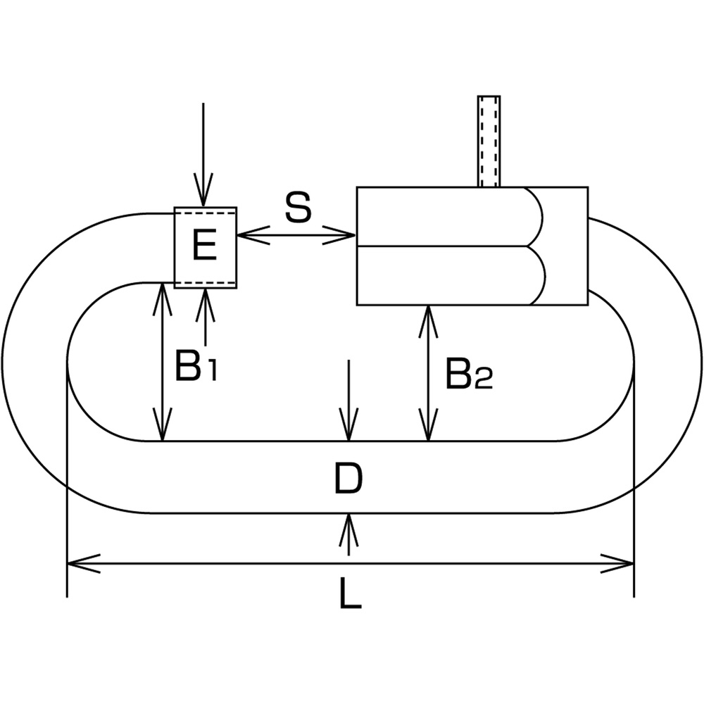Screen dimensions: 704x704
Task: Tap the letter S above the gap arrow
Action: (298, 207)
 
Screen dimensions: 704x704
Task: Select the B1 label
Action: (196, 366)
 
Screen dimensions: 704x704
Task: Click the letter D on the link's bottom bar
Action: (348, 479)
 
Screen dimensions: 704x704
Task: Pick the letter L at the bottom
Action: (350, 593)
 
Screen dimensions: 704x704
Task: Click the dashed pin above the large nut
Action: (489, 141)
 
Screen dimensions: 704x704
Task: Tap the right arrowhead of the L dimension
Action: (617, 563)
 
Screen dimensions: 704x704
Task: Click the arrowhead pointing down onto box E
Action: (203, 190)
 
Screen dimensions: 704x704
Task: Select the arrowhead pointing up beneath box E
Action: (206, 305)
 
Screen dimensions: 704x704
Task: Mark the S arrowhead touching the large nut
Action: (339, 235)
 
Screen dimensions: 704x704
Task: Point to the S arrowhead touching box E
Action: (253, 235)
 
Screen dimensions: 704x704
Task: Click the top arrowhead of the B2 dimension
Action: (428, 322)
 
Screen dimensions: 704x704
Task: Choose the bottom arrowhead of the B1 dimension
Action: (162, 425)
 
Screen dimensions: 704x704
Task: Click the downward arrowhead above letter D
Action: (349, 425)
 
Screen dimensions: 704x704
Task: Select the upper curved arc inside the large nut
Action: (536, 217)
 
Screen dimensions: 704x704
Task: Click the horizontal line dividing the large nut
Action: (442, 246)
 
